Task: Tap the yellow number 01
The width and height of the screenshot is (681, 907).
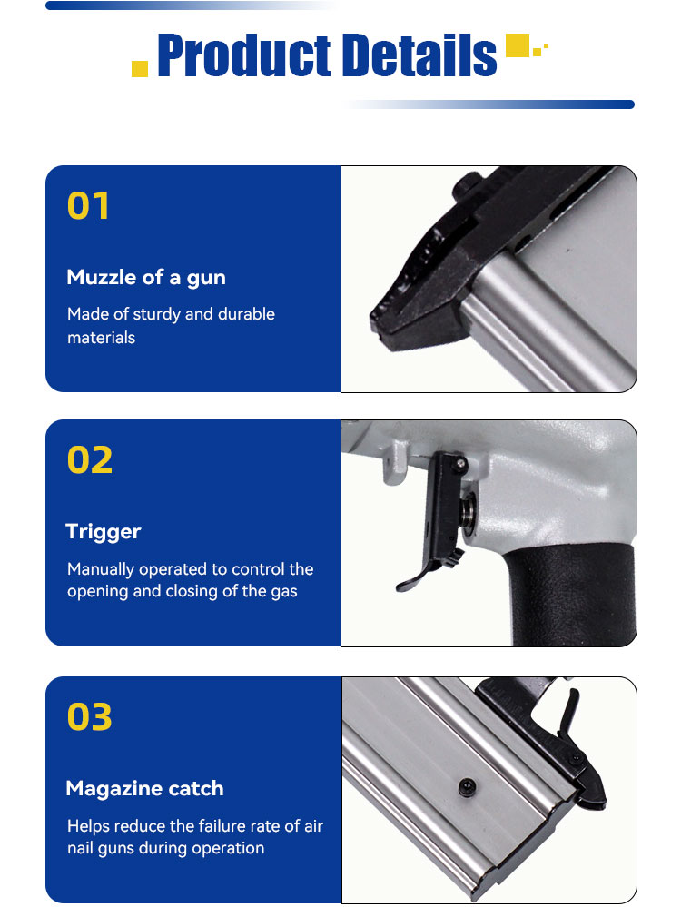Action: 88,206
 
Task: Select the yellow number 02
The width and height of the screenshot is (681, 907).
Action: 90,460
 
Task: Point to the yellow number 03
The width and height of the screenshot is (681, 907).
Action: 90,716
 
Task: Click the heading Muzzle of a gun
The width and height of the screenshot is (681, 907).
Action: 146,278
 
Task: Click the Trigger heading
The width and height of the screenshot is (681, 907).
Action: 104,532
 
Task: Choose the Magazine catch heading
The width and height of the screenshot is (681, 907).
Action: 144,788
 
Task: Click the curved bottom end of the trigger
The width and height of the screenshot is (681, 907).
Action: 408,583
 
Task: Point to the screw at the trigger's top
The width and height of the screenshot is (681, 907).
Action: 460,463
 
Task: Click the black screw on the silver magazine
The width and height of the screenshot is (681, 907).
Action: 467,786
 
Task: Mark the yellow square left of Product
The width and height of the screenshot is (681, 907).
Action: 140,68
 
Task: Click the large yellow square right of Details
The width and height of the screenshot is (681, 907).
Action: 518,45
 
